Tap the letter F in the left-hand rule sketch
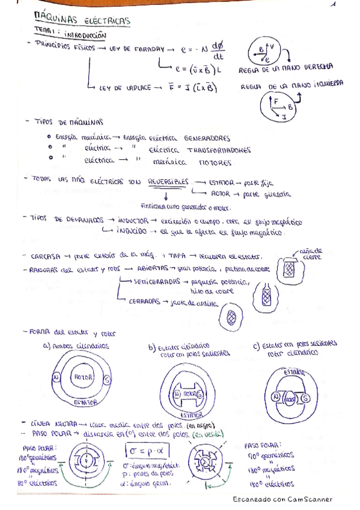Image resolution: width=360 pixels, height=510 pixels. [276, 102]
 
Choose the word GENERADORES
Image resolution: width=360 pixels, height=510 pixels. [207, 137]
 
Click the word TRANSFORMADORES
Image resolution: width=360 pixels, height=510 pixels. [218, 150]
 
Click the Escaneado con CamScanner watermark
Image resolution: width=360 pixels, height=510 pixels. [282, 499]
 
